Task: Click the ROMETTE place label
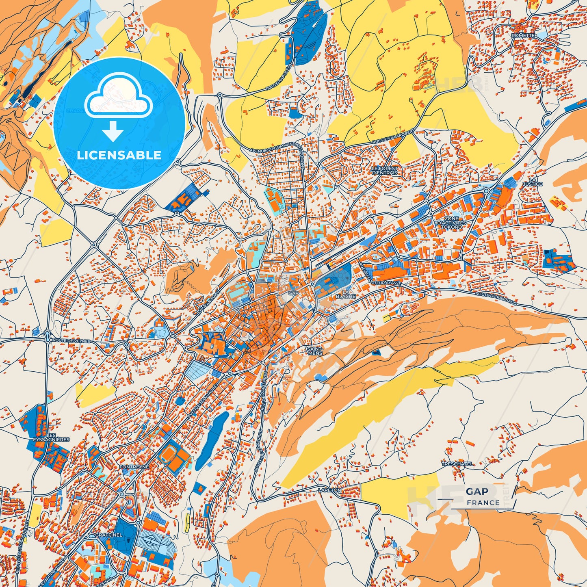click(x=524, y=36)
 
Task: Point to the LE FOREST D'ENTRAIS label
click(x=384, y=170)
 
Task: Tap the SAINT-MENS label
click(x=315, y=351)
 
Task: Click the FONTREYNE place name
click(x=134, y=467)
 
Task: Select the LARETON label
click(x=330, y=490)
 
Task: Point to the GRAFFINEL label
click(x=108, y=535)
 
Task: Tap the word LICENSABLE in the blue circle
click(x=119, y=155)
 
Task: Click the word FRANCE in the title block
click(x=483, y=503)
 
